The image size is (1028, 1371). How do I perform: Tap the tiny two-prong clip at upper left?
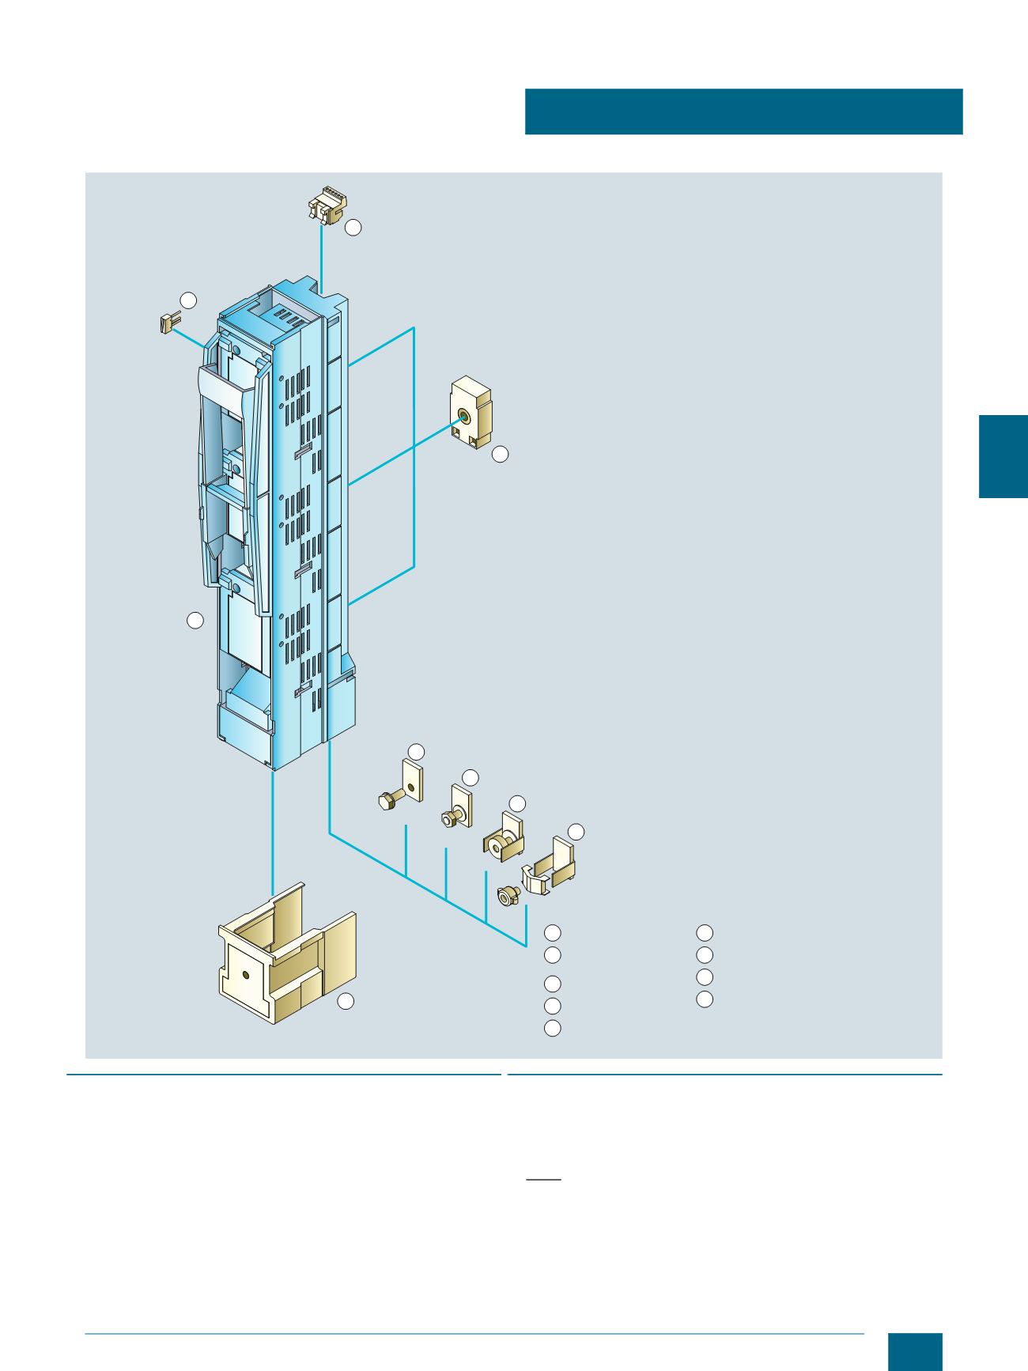[x=168, y=323]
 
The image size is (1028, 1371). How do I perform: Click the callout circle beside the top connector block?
[x=353, y=228]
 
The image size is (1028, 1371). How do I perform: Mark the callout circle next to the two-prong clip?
[x=188, y=300]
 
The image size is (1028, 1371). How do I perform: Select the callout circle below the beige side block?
[x=500, y=455]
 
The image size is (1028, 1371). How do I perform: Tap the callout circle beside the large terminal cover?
[x=346, y=1002]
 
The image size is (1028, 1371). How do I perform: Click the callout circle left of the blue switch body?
[x=195, y=621]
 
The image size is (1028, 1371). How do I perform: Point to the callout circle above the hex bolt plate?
[x=416, y=750]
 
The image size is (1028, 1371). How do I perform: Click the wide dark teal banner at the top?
[x=743, y=111]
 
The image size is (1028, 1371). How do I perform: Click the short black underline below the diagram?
[x=543, y=1180]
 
